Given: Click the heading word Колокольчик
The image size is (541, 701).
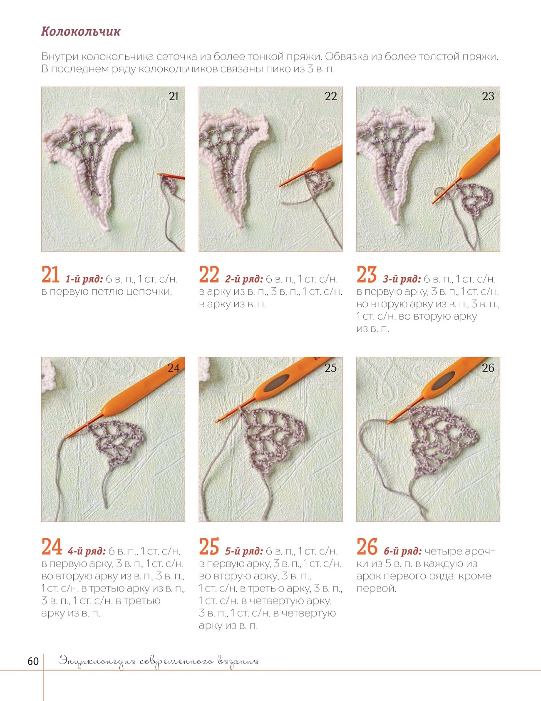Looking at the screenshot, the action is pos(81,32).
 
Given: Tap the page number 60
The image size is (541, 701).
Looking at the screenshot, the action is pos(33,661).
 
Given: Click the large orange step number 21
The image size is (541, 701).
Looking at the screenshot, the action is pos(50,275).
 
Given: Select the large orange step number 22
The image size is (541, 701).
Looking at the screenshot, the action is pos(209,275).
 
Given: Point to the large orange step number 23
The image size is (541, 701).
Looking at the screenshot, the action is pos(367,275).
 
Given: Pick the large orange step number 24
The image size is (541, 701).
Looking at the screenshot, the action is pos(52,547).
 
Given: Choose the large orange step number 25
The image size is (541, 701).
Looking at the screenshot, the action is pos(209,547).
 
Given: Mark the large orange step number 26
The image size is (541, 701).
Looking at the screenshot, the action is pos(367,547).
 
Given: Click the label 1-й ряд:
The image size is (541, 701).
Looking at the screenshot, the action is pos(84,279).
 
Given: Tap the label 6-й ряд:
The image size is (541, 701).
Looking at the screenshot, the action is pos(403,552).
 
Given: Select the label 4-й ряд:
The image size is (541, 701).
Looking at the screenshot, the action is pos(87,552).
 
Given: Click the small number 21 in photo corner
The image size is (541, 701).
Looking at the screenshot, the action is pos(174,97).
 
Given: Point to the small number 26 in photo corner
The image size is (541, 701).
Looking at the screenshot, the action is pos(488,368).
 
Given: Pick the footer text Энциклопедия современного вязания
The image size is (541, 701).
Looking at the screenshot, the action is pos(159,661).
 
